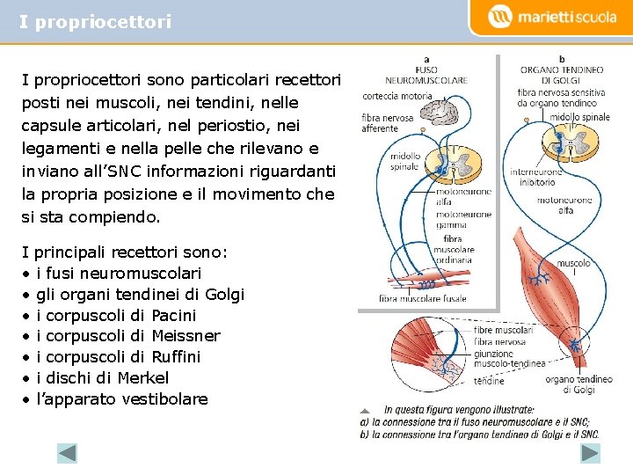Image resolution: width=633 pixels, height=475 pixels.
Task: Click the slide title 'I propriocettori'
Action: [95, 22]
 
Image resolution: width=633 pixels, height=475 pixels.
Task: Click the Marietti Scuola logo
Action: [553, 17]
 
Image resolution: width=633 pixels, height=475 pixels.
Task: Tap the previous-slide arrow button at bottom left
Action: [67, 453]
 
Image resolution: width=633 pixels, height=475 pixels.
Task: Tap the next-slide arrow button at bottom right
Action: [590, 453]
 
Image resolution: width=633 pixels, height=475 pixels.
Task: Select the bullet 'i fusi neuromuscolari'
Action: [119, 274]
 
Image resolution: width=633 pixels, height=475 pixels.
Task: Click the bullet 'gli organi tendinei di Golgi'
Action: [140, 295]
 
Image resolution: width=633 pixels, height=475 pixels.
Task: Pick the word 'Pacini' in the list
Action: [174, 315]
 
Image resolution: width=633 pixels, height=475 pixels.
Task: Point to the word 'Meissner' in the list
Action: [186, 336]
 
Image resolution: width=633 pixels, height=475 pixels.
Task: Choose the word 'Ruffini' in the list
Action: [176, 357]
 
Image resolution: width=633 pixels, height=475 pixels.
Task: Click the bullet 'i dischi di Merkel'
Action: [102, 378]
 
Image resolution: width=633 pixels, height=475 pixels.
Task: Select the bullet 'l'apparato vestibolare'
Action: [122, 399]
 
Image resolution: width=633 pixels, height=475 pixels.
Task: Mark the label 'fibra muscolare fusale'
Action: [423, 299]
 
